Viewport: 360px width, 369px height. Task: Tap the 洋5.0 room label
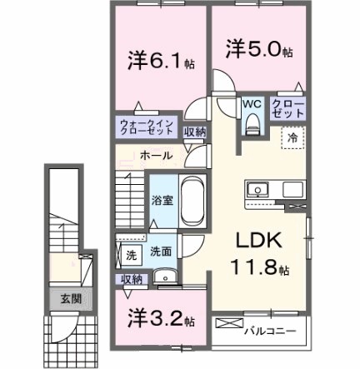point(257,50)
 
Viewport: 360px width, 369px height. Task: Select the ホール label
point(156,155)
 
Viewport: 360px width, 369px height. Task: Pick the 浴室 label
point(162,201)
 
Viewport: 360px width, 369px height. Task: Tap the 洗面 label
point(162,252)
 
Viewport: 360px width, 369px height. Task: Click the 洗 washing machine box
point(131,255)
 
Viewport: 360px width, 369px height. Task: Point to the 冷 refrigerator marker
point(294,139)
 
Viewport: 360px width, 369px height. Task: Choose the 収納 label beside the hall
point(195,131)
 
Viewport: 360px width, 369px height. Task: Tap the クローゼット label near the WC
point(287,107)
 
